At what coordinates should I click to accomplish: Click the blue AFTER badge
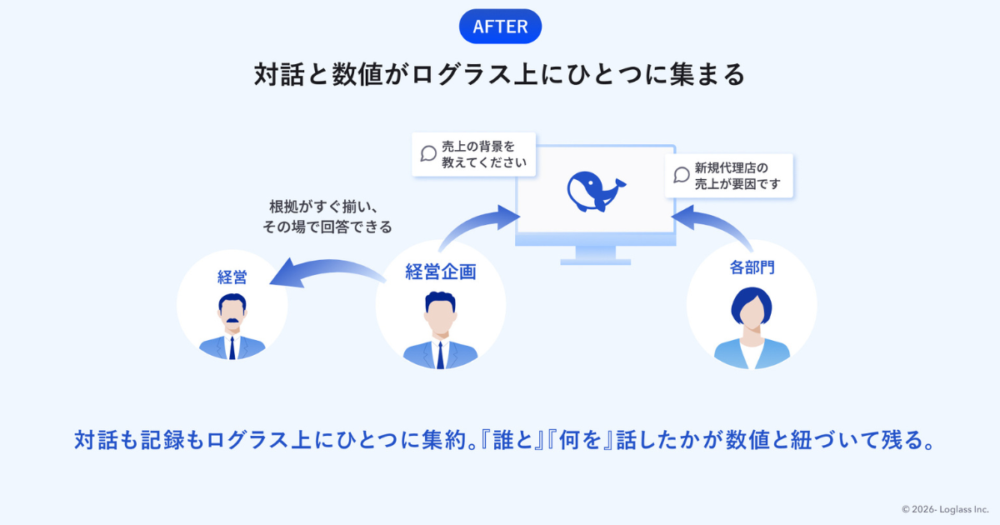tap(500, 27)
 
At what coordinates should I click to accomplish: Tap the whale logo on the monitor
tap(597, 191)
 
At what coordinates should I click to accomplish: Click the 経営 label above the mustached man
tap(232, 277)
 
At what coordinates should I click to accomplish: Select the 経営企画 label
tap(441, 272)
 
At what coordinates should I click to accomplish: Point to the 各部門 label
tap(752, 267)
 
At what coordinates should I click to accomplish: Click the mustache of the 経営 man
tap(232, 320)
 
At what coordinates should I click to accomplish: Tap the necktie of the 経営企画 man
tap(440, 355)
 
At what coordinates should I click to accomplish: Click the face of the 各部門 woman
tap(752, 311)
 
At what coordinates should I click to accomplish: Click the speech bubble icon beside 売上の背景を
tap(428, 153)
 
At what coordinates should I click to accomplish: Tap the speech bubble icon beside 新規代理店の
tap(682, 175)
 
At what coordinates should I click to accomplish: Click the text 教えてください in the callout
tap(484, 162)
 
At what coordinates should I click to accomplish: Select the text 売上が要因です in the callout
tap(737, 183)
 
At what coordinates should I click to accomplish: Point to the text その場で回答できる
tap(327, 227)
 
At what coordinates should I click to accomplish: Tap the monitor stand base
tap(596, 262)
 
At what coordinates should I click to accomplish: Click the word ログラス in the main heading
tap(462, 74)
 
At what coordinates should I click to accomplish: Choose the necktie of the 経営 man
tap(232, 348)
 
